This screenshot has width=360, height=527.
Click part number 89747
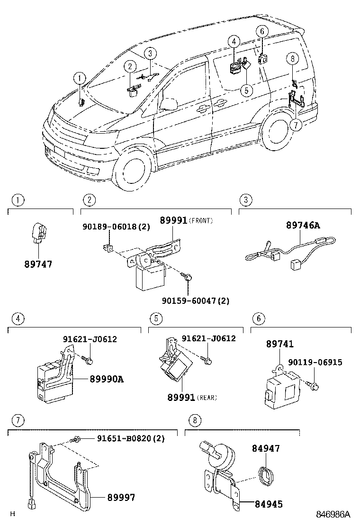coord(38,264)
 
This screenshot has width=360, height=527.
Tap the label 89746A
coord(303,225)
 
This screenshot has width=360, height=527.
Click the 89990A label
coord(107,379)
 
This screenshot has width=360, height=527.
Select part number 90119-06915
coord(315,362)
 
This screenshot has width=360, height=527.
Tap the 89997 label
coord(121,498)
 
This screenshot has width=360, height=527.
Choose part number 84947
coord(266,448)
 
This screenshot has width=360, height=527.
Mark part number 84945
coord(269,504)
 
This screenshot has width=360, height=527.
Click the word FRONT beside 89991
coord(201,221)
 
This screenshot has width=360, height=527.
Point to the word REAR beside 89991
coord(207,398)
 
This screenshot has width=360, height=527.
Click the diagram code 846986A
coord(333,514)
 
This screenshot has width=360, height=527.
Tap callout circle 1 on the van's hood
coord(80,79)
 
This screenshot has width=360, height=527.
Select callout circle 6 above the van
coord(262,31)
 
